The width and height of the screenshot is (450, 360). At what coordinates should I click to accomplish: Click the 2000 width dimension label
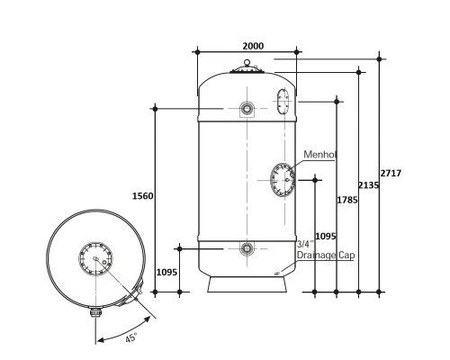click(x=253, y=46)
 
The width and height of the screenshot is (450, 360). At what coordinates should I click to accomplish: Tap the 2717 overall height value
click(x=391, y=173)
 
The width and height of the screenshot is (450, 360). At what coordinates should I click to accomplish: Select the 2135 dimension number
click(x=369, y=185)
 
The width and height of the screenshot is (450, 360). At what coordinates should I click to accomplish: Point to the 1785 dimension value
click(x=347, y=200)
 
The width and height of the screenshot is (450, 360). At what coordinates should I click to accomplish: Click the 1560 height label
click(x=143, y=196)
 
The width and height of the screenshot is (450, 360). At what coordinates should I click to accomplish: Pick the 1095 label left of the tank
click(x=166, y=272)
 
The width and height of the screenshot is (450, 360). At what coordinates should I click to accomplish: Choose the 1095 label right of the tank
click(x=326, y=237)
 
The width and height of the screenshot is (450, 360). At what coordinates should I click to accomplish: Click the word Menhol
click(x=319, y=155)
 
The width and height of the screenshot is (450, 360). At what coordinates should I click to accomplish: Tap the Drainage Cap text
click(x=326, y=256)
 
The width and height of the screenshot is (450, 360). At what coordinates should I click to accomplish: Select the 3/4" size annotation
click(x=305, y=244)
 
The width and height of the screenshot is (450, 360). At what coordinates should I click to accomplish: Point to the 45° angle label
click(x=131, y=337)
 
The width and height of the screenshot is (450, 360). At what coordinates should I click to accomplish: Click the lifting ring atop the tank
click(x=247, y=62)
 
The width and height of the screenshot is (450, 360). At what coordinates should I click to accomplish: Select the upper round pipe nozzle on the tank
click(x=247, y=108)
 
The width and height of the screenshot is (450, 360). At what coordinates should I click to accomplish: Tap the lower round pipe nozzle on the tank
click(x=247, y=248)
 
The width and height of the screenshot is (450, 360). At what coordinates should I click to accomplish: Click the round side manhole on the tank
click(x=283, y=180)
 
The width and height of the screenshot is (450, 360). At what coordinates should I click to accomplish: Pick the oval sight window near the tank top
click(x=283, y=102)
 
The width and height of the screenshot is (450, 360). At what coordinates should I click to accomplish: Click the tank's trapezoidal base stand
click(x=247, y=284)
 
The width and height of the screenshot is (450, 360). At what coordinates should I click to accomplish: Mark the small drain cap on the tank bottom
click(x=277, y=274)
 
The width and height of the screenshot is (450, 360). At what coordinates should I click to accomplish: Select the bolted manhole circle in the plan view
click(x=95, y=258)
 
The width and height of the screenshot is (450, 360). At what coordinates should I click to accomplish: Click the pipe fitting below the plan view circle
click(x=95, y=312)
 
